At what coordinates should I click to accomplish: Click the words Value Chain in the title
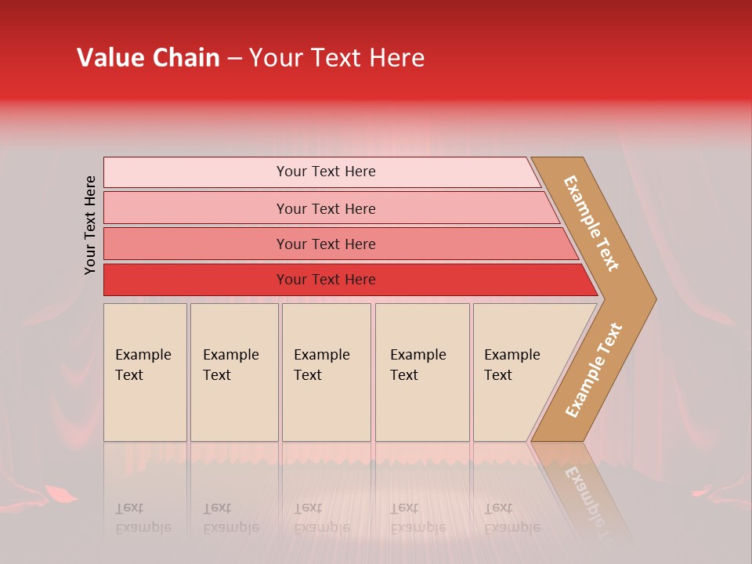point(148,58)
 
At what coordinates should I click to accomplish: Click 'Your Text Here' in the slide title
point(337,58)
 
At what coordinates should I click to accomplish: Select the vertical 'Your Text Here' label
point(90,225)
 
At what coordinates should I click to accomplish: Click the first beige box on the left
point(145,407)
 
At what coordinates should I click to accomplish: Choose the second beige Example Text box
point(234,407)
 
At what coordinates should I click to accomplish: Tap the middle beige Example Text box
point(326,407)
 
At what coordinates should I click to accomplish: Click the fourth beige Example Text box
point(422,407)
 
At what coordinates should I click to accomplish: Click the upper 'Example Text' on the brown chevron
point(591,223)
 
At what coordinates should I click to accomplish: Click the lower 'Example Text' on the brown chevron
point(594,371)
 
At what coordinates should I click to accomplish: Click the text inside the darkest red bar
point(326,280)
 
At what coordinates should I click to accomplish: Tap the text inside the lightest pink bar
point(326,172)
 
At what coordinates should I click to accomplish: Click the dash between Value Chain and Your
point(234,59)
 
